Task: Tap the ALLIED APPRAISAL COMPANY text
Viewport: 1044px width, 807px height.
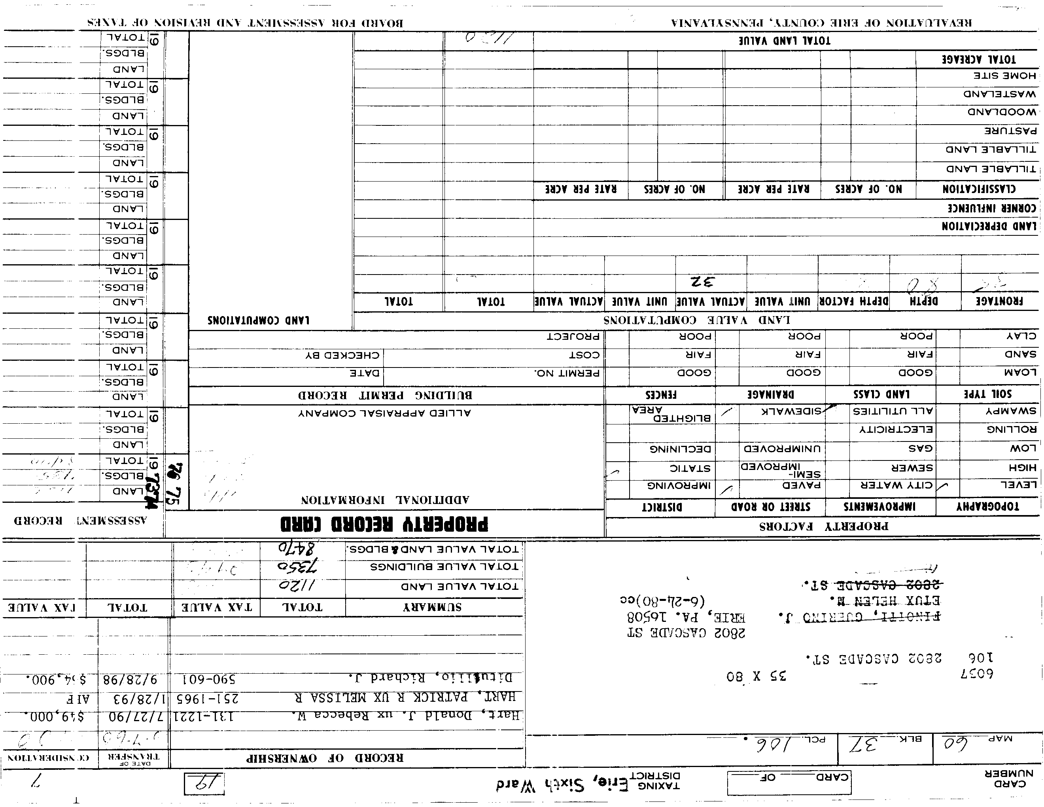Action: (385, 413)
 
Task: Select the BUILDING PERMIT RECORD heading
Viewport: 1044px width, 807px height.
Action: (385, 395)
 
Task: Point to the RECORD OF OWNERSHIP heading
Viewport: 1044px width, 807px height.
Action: (325, 758)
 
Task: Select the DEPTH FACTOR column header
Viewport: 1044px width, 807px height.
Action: (854, 301)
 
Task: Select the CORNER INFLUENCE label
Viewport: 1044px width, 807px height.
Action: (992, 208)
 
